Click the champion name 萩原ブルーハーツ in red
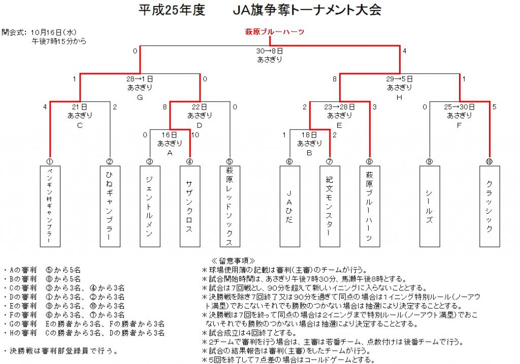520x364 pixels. [x=274, y=32]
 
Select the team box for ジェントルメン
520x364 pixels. [x=150, y=207]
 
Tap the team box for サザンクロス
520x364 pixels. [x=190, y=207]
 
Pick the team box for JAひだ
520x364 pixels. [x=290, y=207]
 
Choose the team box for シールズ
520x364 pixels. [x=430, y=207]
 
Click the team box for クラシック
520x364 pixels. [x=490, y=207]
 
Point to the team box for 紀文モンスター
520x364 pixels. [x=330, y=207]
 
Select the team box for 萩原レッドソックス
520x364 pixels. [x=230, y=207]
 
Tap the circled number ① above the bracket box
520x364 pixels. [x=50, y=162]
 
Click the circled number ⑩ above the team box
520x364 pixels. [x=489, y=162]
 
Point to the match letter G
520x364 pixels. [x=140, y=97]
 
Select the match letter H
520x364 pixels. [x=399, y=97]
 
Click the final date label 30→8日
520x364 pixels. [x=270, y=51]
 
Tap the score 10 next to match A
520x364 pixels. [x=196, y=135]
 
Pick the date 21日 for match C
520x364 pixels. [x=80, y=107]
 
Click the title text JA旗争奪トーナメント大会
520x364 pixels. [x=307, y=10]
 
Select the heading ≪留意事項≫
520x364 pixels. [x=233, y=261]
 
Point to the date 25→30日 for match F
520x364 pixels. [x=459, y=107]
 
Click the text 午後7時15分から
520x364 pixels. [x=59, y=42]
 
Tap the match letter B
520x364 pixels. [x=309, y=153]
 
